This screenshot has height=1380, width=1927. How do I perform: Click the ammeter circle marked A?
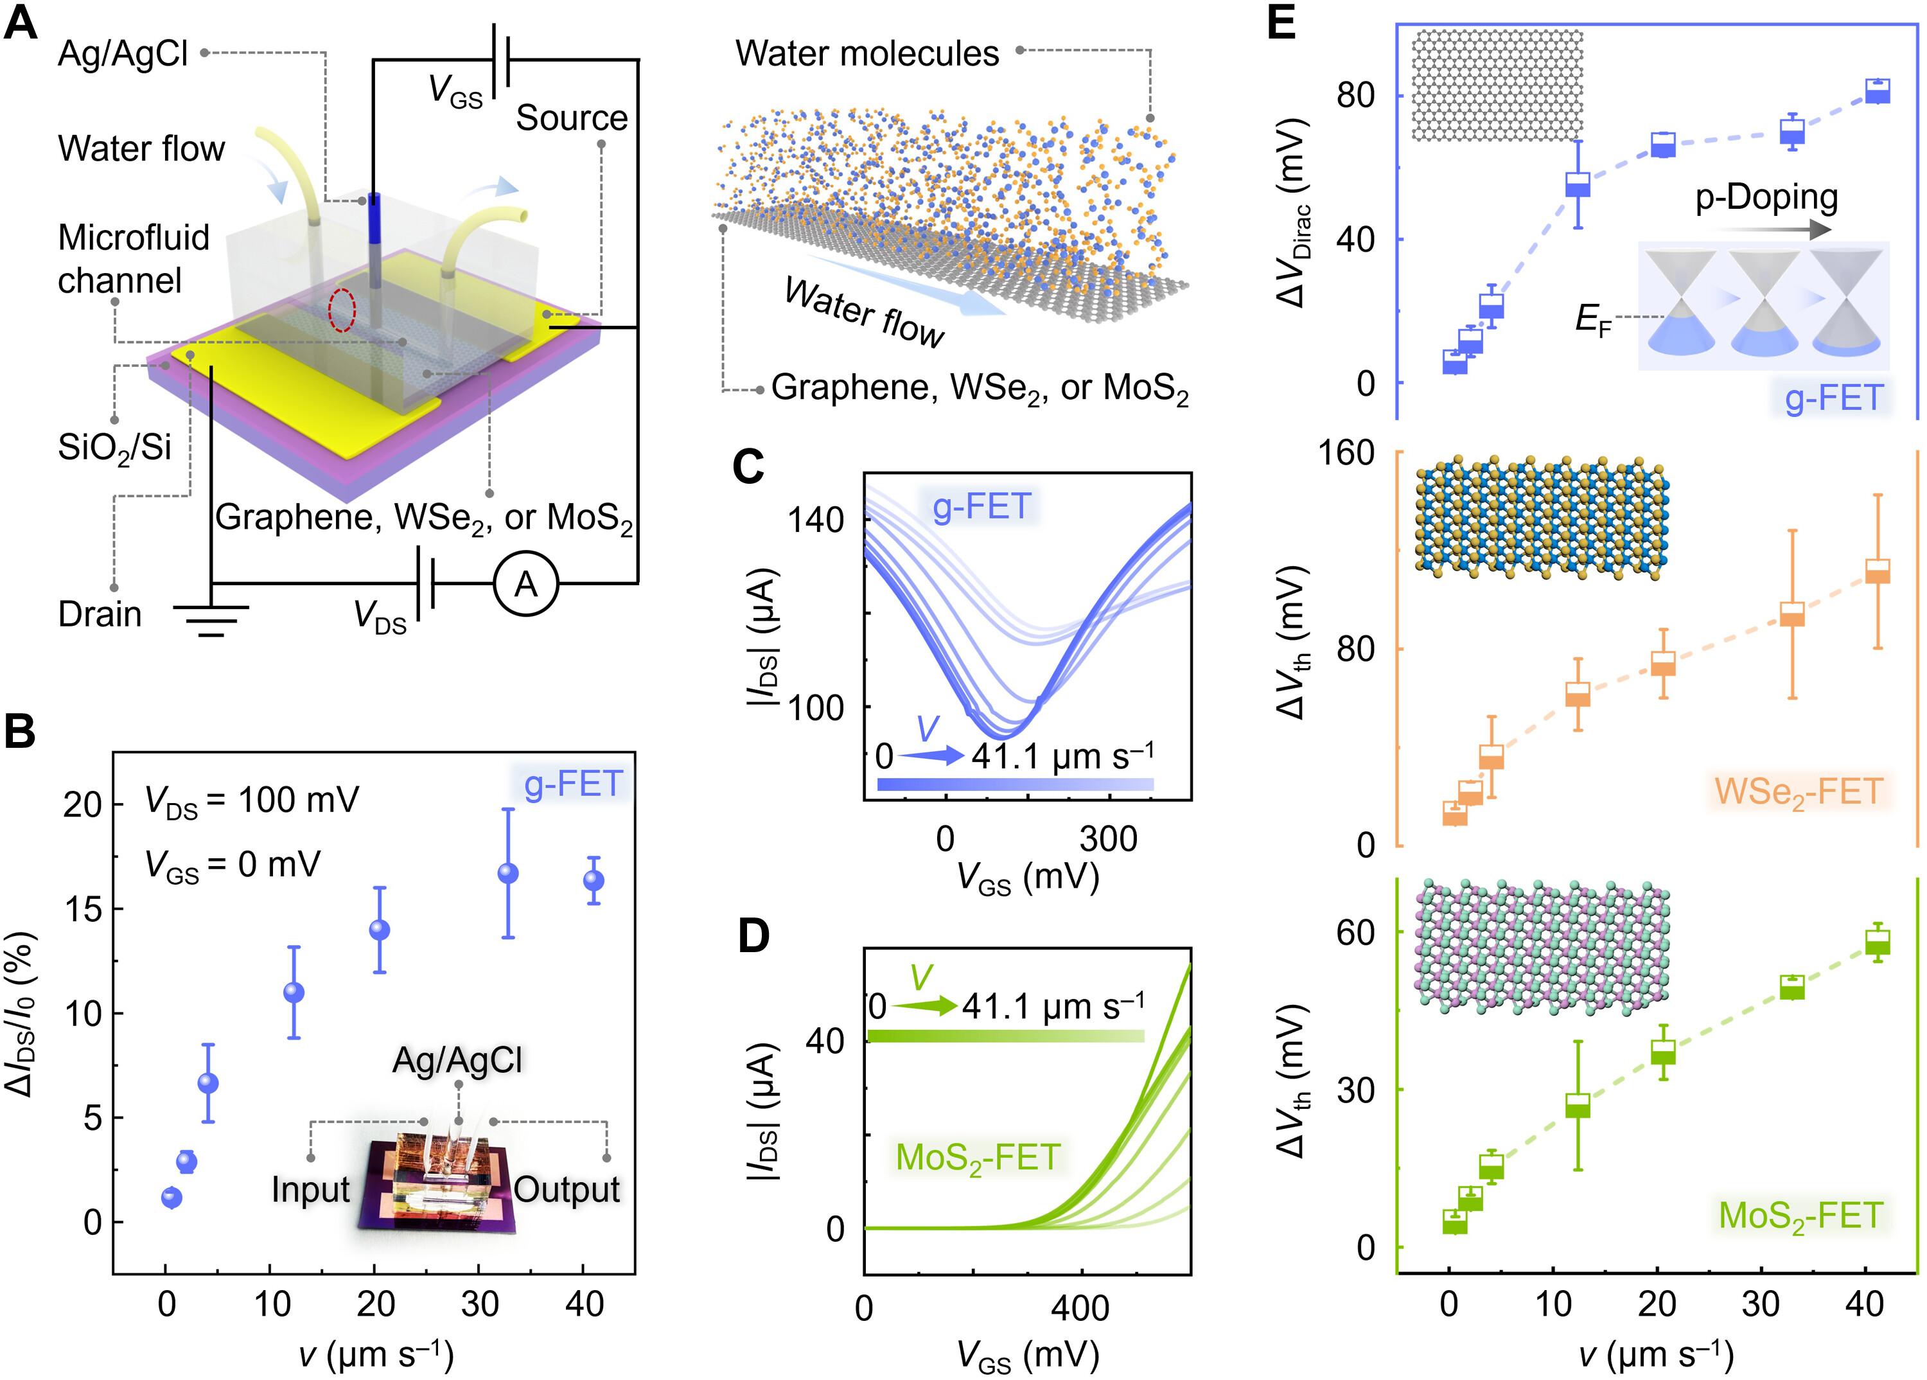point(526,585)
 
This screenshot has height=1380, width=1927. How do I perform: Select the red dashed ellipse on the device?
point(342,310)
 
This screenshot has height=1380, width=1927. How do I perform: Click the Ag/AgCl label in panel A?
point(123,53)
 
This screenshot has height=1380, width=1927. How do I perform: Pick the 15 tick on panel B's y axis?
point(82,908)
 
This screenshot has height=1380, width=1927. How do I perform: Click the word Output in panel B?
point(567,1190)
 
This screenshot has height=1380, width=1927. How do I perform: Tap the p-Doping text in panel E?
point(1766,197)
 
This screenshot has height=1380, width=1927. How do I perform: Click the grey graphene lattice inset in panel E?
point(1497,85)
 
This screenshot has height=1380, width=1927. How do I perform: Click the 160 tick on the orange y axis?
point(1346,452)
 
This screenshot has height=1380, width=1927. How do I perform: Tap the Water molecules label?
point(867,53)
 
